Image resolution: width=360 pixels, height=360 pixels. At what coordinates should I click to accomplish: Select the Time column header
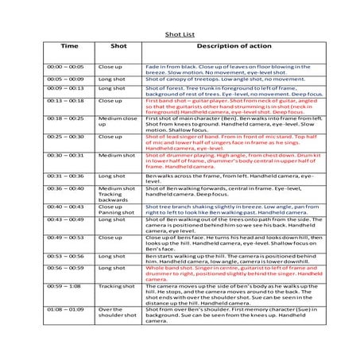pos(70,46)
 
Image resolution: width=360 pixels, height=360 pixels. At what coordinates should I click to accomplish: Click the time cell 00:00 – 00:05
pos(66,67)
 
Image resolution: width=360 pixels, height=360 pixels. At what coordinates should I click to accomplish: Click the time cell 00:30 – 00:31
pos(66,155)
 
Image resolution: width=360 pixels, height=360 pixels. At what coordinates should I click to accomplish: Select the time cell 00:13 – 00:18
pos(66,101)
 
